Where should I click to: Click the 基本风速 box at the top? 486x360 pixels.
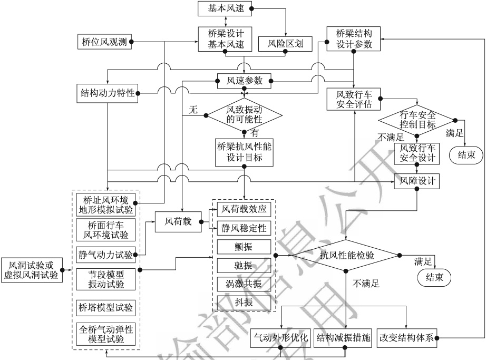(x=225, y=8)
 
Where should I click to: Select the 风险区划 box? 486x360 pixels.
(x=285, y=43)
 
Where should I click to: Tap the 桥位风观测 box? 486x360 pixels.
(x=104, y=42)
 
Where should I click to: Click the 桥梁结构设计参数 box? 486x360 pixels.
(x=354, y=38)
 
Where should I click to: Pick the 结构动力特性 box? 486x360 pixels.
(x=107, y=93)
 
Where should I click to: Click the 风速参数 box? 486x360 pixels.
(x=244, y=81)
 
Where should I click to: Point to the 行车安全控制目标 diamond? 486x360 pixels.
(x=417, y=120)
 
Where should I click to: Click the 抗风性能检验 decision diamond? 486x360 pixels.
(x=346, y=255)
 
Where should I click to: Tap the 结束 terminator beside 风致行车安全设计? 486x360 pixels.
(x=466, y=154)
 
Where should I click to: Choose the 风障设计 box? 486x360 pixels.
(x=417, y=181)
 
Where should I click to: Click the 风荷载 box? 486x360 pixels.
(x=178, y=221)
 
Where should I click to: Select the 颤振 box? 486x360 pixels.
(x=244, y=247)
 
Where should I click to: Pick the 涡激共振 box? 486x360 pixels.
(x=244, y=284)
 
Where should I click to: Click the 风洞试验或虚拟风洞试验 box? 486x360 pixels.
(x=32, y=270)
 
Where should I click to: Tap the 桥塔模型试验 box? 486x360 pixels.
(x=106, y=308)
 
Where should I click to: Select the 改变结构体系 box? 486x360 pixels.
(x=406, y=338)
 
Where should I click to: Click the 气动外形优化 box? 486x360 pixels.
(x=281, y=338)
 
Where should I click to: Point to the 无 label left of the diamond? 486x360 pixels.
(x=193, y=109)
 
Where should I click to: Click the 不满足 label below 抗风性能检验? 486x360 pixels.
(x=366, y=283)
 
